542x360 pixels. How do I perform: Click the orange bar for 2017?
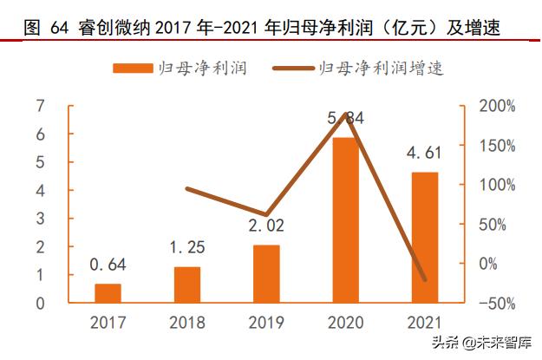pos(108,293)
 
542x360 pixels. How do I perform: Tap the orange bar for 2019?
pos(266,274)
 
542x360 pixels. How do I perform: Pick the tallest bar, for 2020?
pos(346,220)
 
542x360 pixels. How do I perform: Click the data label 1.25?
pos(187,248)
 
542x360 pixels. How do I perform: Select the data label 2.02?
pos(266,226)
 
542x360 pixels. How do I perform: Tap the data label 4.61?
pos(425,154)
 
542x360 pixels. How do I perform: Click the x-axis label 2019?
pos(266,324)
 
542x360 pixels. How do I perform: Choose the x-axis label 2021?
pos(425,324)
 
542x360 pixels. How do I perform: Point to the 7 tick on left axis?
pos(40,106)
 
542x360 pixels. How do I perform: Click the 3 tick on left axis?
pos(40,219)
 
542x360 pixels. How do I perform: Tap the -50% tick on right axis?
pos(498,303)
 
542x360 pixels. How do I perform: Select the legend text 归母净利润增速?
pos(381,69)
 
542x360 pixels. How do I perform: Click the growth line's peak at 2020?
pos(346,114)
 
